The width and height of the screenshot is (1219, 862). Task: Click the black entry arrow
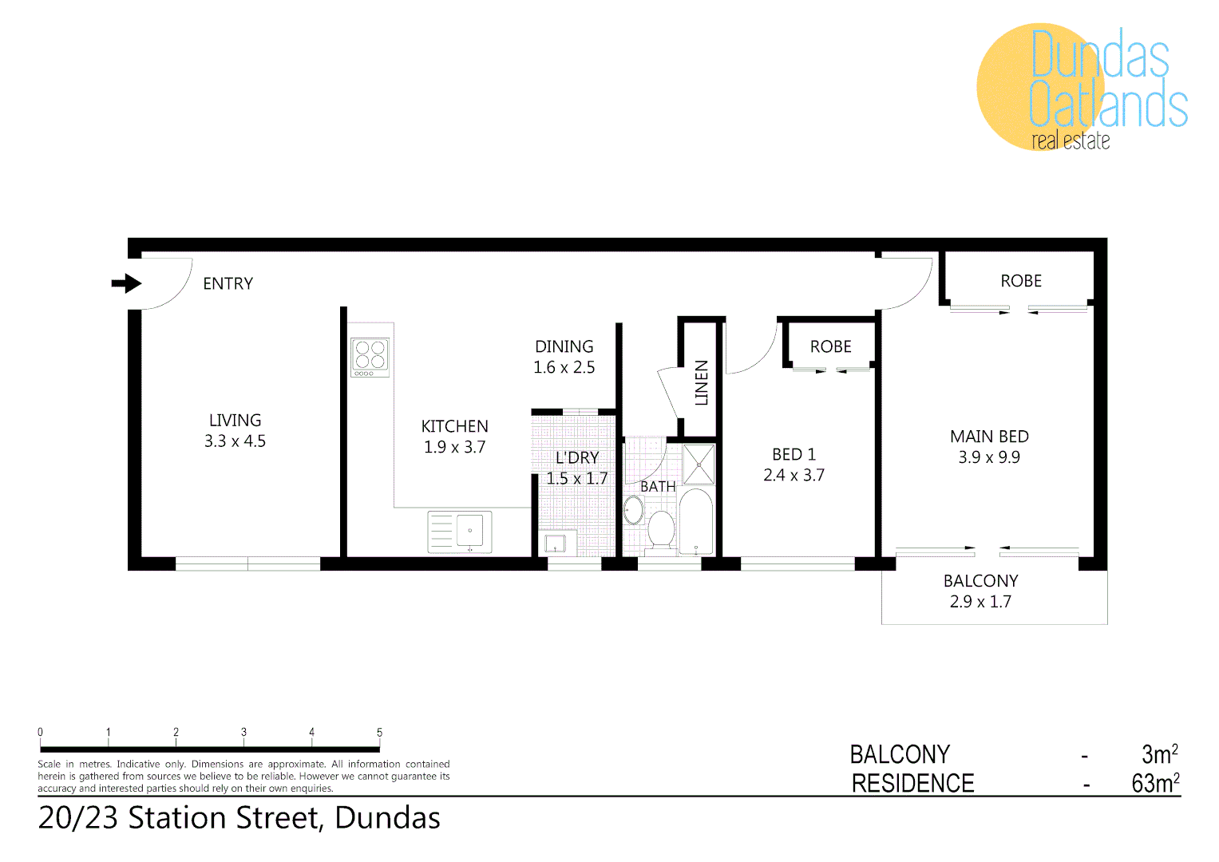(x=126, y=283)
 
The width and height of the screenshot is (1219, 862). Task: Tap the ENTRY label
(x=228, y=283)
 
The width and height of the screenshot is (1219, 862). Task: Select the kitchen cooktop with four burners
(x=370, y=357)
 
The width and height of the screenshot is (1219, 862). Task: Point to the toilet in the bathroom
(x=661, y=528)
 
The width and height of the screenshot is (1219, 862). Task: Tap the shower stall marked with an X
(x=699, y=465)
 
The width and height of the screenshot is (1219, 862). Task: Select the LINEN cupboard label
(x=702, y=383)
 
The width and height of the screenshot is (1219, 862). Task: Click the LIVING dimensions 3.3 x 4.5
(x=235, y=441)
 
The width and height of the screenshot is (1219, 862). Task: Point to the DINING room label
(x=564, y=346)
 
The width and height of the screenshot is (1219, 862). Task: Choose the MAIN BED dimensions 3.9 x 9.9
(x=989, y=457)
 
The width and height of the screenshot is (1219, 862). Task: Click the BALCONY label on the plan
(x=980, y=581)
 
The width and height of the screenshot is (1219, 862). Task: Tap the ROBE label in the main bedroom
(x=1021, y=281)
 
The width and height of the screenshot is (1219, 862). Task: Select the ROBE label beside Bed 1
(x=830, y=346)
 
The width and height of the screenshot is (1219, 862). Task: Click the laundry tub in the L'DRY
(x=556, y=544)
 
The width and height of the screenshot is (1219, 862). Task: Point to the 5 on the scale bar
(x=379, y=732)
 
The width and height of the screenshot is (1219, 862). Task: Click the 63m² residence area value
(x=1155, y=783)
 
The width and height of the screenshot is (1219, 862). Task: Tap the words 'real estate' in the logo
(x=1071, y=141)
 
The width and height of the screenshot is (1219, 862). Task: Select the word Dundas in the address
(x=387, y=818)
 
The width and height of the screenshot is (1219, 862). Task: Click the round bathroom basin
(x=633, y=510)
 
